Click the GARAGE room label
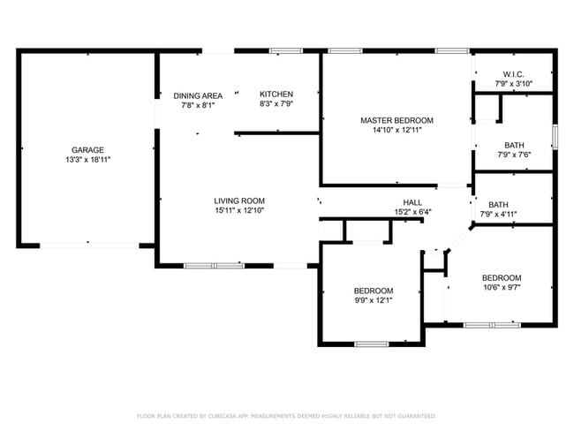87,150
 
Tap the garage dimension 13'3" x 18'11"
87,160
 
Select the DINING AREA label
198,96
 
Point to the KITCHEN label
276,95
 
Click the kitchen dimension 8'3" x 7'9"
276,103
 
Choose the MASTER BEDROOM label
397,120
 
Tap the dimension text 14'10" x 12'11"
397,130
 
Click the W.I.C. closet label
514,74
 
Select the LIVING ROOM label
239,200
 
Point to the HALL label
412,202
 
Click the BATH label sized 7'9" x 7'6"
514,145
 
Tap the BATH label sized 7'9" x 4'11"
498,205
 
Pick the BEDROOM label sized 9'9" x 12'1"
374,291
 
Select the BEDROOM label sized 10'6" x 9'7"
502,278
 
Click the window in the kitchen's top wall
286,51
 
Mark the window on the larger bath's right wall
555,137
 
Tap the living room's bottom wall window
215,266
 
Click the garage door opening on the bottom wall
89,246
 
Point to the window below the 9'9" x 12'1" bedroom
372,344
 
